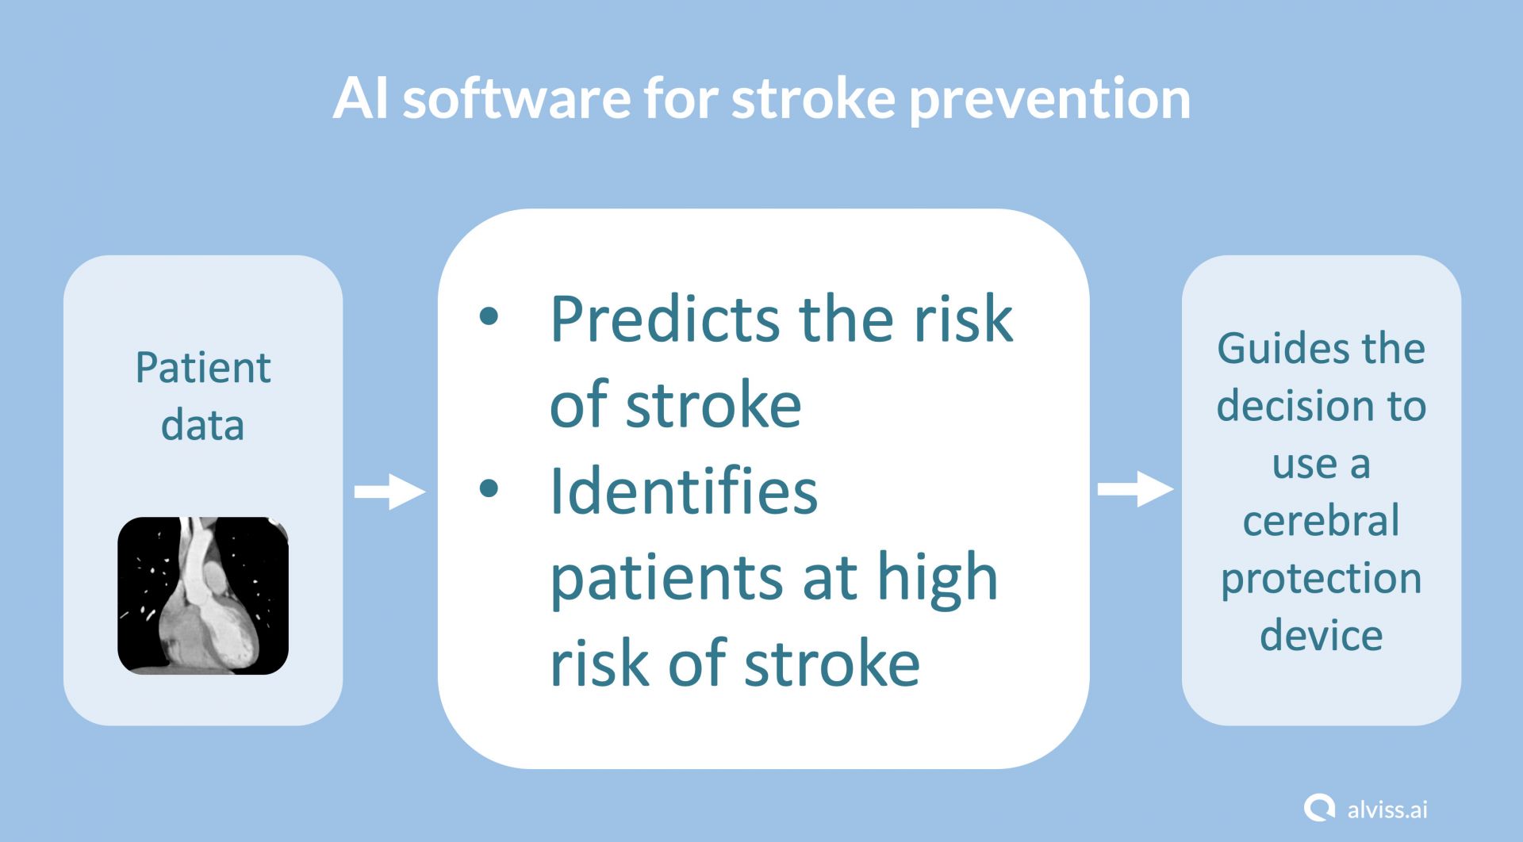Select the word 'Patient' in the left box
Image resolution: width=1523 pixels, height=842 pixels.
click(x=203, y=368)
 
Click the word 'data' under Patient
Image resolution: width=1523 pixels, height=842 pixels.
click(x=202, y=425)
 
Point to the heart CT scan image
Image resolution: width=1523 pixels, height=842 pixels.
click(x=203, y=595)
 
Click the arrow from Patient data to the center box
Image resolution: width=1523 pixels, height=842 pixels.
click(x=389, y=492)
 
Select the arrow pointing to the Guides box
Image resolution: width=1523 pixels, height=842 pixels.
click(x=1135, y=489)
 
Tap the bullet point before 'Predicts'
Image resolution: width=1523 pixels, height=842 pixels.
click(x=489, y=316)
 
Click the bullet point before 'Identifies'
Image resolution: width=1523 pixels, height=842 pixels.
click(x=489, y=488)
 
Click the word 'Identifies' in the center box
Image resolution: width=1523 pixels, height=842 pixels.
click(x=683, y=491)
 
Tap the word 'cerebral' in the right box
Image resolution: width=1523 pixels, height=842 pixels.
click(x=1321, y=521)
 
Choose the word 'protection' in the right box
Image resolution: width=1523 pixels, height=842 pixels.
click(x=1321, y=580)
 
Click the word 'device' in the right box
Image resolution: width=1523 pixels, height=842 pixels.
click(x=1321, y=636)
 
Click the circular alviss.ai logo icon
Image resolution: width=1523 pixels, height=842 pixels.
click(x=1319, y=809)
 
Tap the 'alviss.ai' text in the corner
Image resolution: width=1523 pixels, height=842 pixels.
click(x=1387, y=809)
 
